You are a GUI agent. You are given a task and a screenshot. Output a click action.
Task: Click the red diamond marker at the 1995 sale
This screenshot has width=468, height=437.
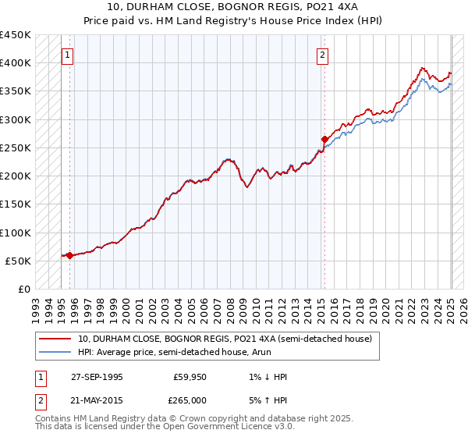[69, 255]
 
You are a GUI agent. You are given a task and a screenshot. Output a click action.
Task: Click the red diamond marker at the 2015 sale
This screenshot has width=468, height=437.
[324, 140]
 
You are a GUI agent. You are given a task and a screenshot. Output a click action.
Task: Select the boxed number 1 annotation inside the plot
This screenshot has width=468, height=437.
[69, 55]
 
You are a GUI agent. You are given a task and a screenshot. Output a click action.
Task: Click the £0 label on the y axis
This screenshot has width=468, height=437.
[24, 290]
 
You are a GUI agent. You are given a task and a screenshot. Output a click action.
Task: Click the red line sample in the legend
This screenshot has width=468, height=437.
[55, 339]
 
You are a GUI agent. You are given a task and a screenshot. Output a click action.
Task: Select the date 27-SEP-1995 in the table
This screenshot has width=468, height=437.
[97, 377]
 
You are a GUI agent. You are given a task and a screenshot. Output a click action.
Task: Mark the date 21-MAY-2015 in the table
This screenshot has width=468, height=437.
[97, 400]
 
